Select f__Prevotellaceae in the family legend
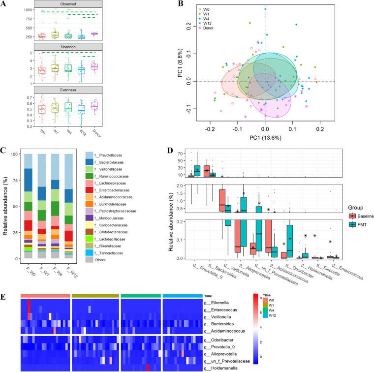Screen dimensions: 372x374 coord(129,156)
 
